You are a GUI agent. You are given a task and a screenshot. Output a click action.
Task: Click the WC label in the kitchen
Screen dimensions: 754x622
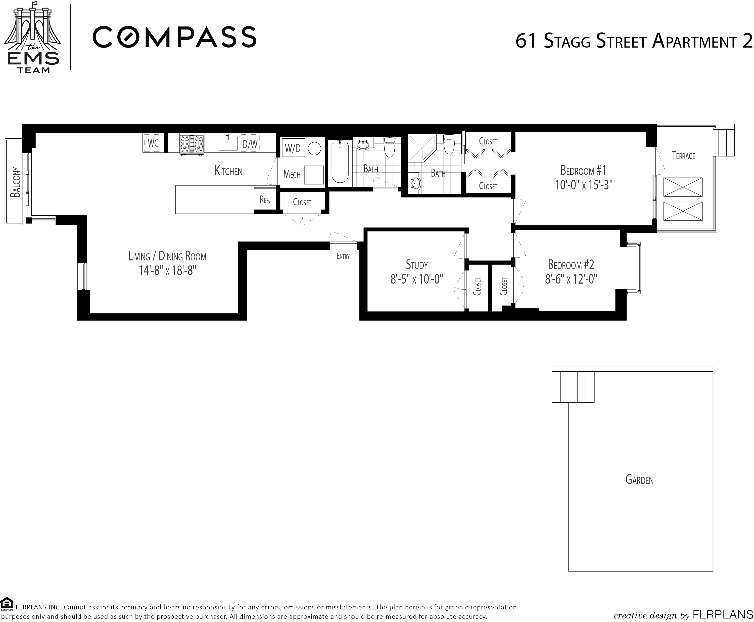pos(153,143)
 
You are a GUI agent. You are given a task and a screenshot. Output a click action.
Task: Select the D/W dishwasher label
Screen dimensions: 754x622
pos(250,144)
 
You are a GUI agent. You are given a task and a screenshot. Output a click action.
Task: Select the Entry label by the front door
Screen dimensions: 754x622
pos(343,256)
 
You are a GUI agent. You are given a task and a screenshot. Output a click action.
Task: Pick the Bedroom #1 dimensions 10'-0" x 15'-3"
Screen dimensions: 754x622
pos(584,185)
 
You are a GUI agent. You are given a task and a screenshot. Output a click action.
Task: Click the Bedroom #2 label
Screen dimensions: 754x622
pos(571,265)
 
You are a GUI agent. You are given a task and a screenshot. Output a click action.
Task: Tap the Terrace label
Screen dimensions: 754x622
pos(684,155)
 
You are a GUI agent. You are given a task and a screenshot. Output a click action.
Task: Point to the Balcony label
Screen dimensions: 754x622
pos(15,182)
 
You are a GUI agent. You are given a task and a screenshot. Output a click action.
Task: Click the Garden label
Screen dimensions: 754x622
pos(639,480)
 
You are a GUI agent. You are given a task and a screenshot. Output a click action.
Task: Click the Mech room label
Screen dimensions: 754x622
pos(292,174)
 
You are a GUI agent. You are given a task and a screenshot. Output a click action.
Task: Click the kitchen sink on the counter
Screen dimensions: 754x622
pos(228,143)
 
